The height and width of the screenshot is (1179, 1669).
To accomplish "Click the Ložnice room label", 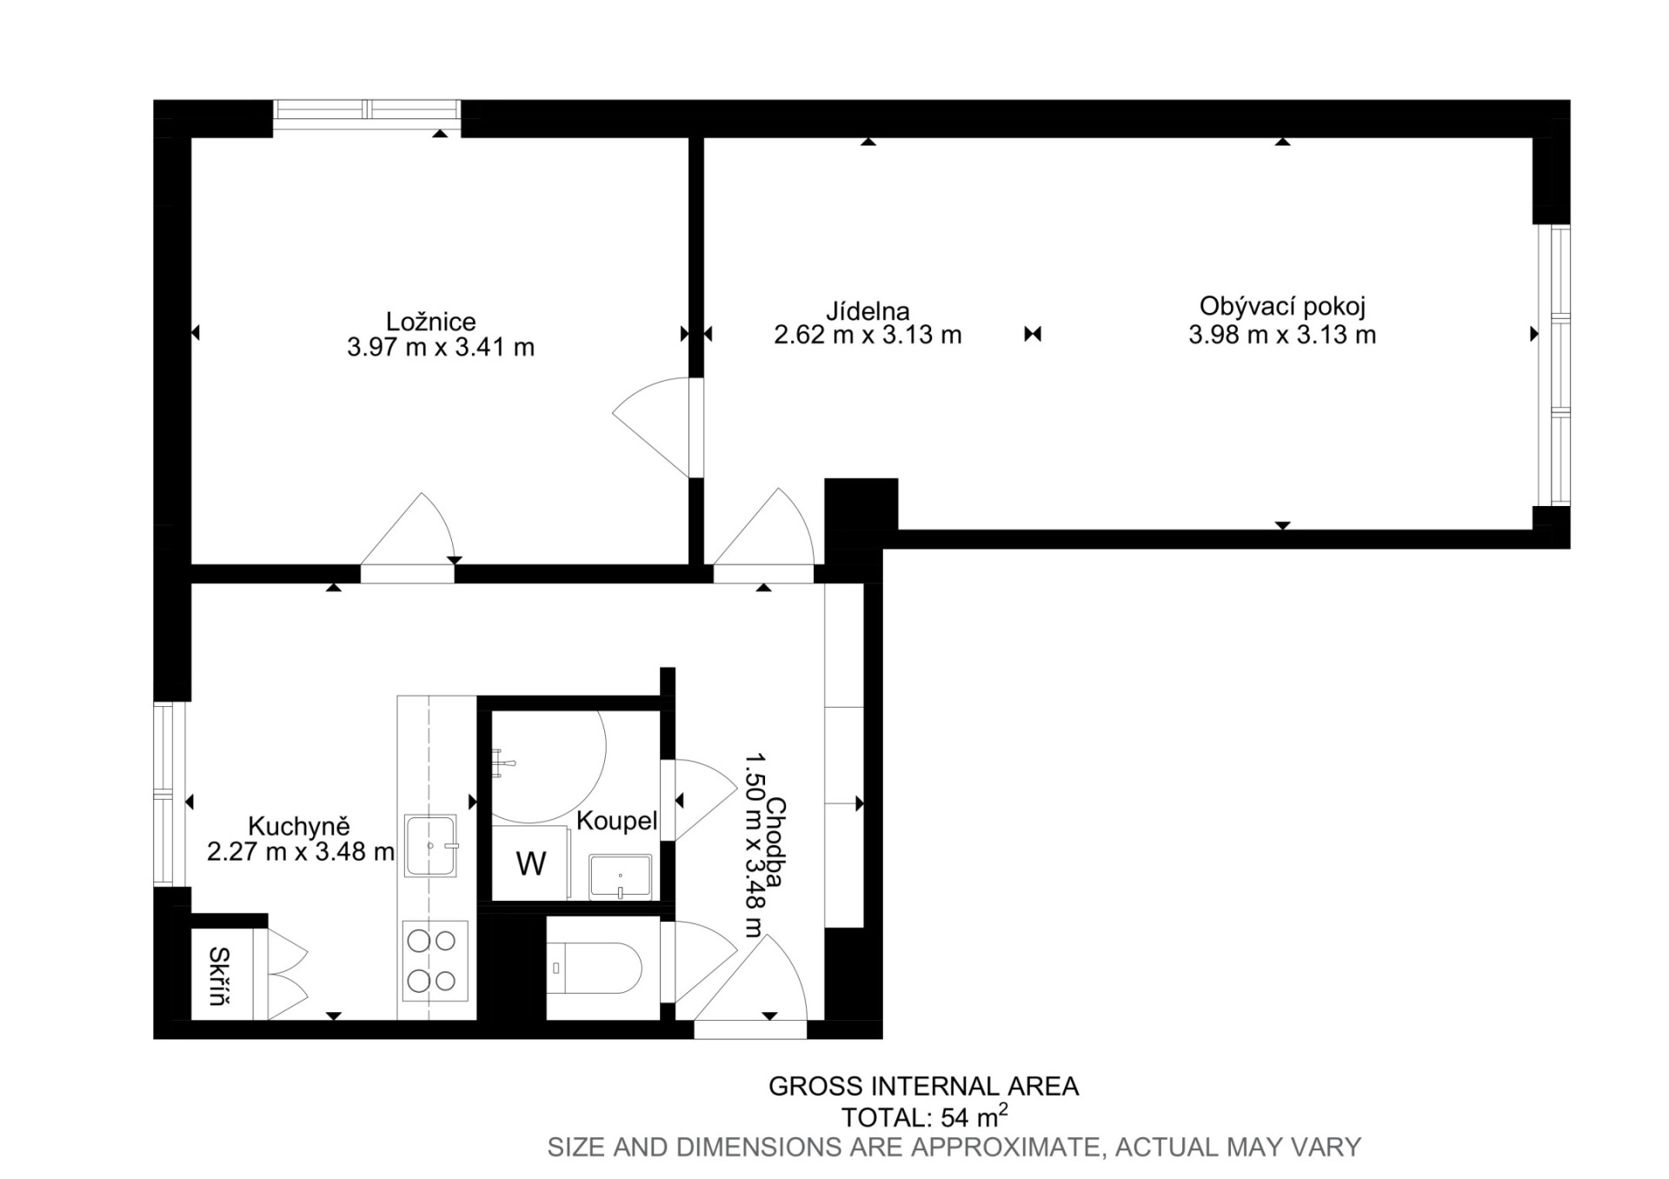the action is [431, 322].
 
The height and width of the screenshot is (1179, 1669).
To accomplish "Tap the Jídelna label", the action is [868, 310].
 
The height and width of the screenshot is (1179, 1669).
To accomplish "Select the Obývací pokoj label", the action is [1282, 306].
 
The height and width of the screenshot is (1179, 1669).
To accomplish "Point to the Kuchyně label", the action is [299, 825].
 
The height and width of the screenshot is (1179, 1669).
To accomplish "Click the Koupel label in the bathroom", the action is [616, 820].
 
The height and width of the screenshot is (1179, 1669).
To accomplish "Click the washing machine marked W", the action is [531, 863].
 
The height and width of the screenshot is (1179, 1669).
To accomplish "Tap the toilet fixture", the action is [595, 968].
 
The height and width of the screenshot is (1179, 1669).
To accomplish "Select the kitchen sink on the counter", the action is [430, 845].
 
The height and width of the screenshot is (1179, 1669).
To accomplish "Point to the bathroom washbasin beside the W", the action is [621, 876].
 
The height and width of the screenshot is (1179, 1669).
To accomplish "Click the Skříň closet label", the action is [219, 976].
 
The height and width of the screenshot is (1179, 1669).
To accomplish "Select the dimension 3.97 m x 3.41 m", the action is [441, 348].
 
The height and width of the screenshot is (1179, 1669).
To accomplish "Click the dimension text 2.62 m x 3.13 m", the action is [868, 336].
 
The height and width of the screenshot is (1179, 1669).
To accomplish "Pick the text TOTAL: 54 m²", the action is [925, 1116].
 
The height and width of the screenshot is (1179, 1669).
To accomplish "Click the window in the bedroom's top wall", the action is [367, 110].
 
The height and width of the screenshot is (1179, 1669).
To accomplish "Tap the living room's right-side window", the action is [1554, 365].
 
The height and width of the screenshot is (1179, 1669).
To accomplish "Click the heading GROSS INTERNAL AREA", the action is [924, 1086].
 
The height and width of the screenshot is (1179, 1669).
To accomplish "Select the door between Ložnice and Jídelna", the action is [655, 426].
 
